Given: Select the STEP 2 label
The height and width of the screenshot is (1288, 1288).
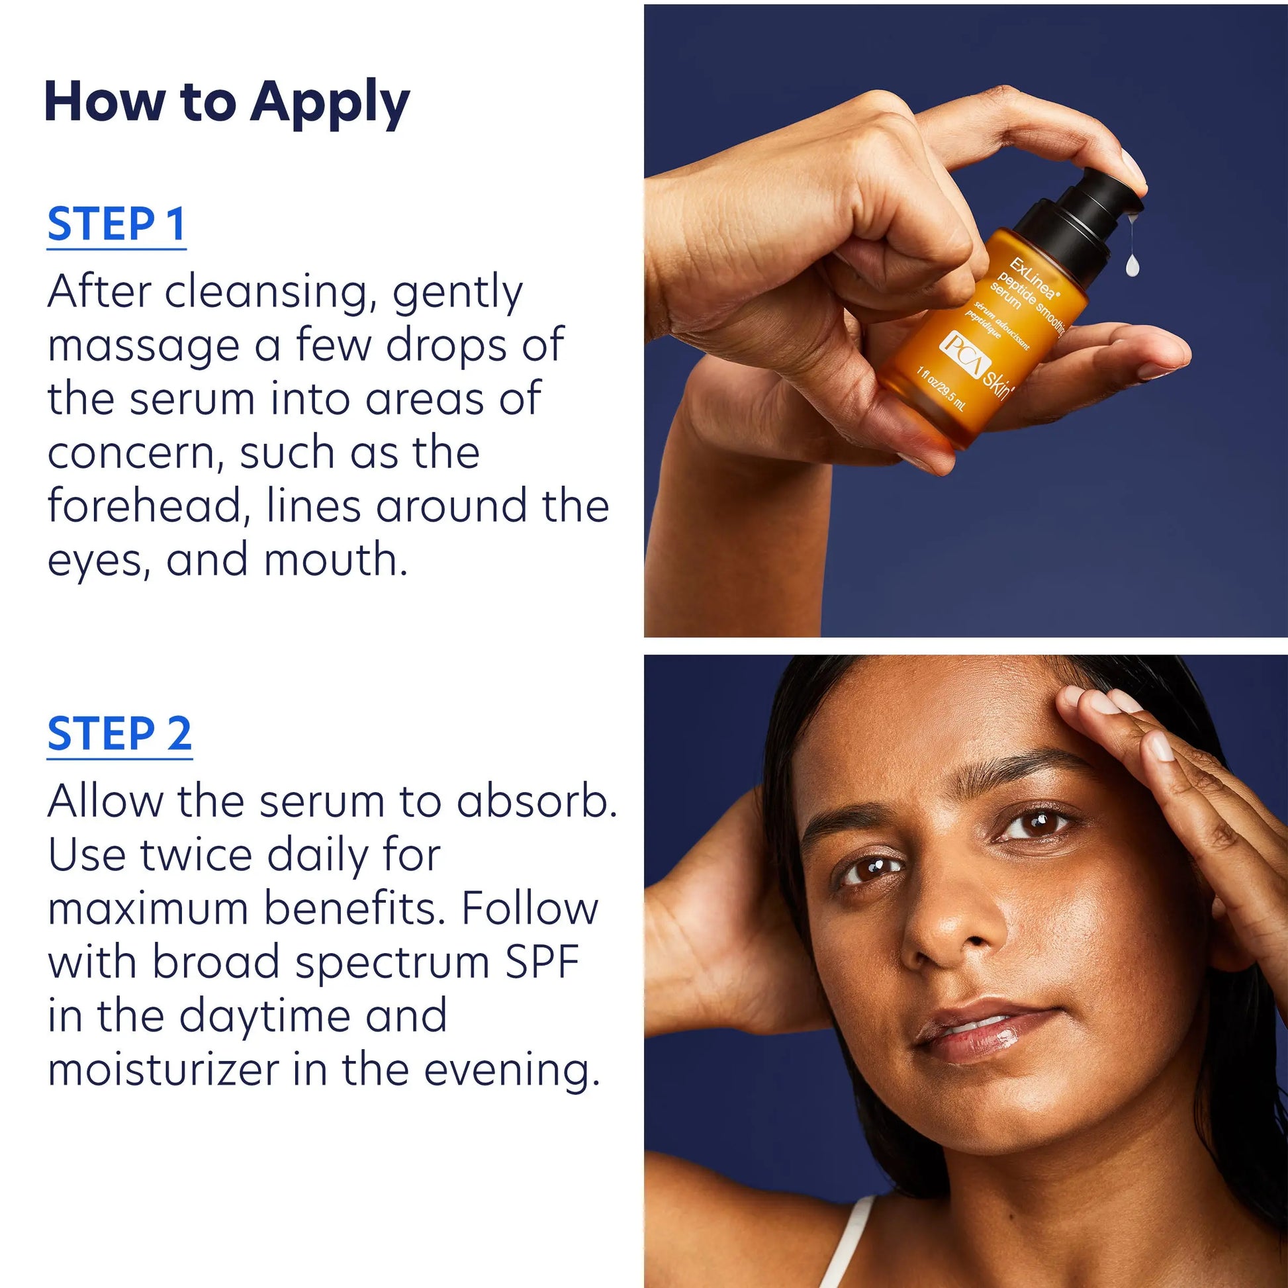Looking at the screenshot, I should [119, 734].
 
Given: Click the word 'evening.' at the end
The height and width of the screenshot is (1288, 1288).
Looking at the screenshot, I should [512, 1070].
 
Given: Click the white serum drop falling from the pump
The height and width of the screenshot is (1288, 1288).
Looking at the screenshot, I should [1132, 266].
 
